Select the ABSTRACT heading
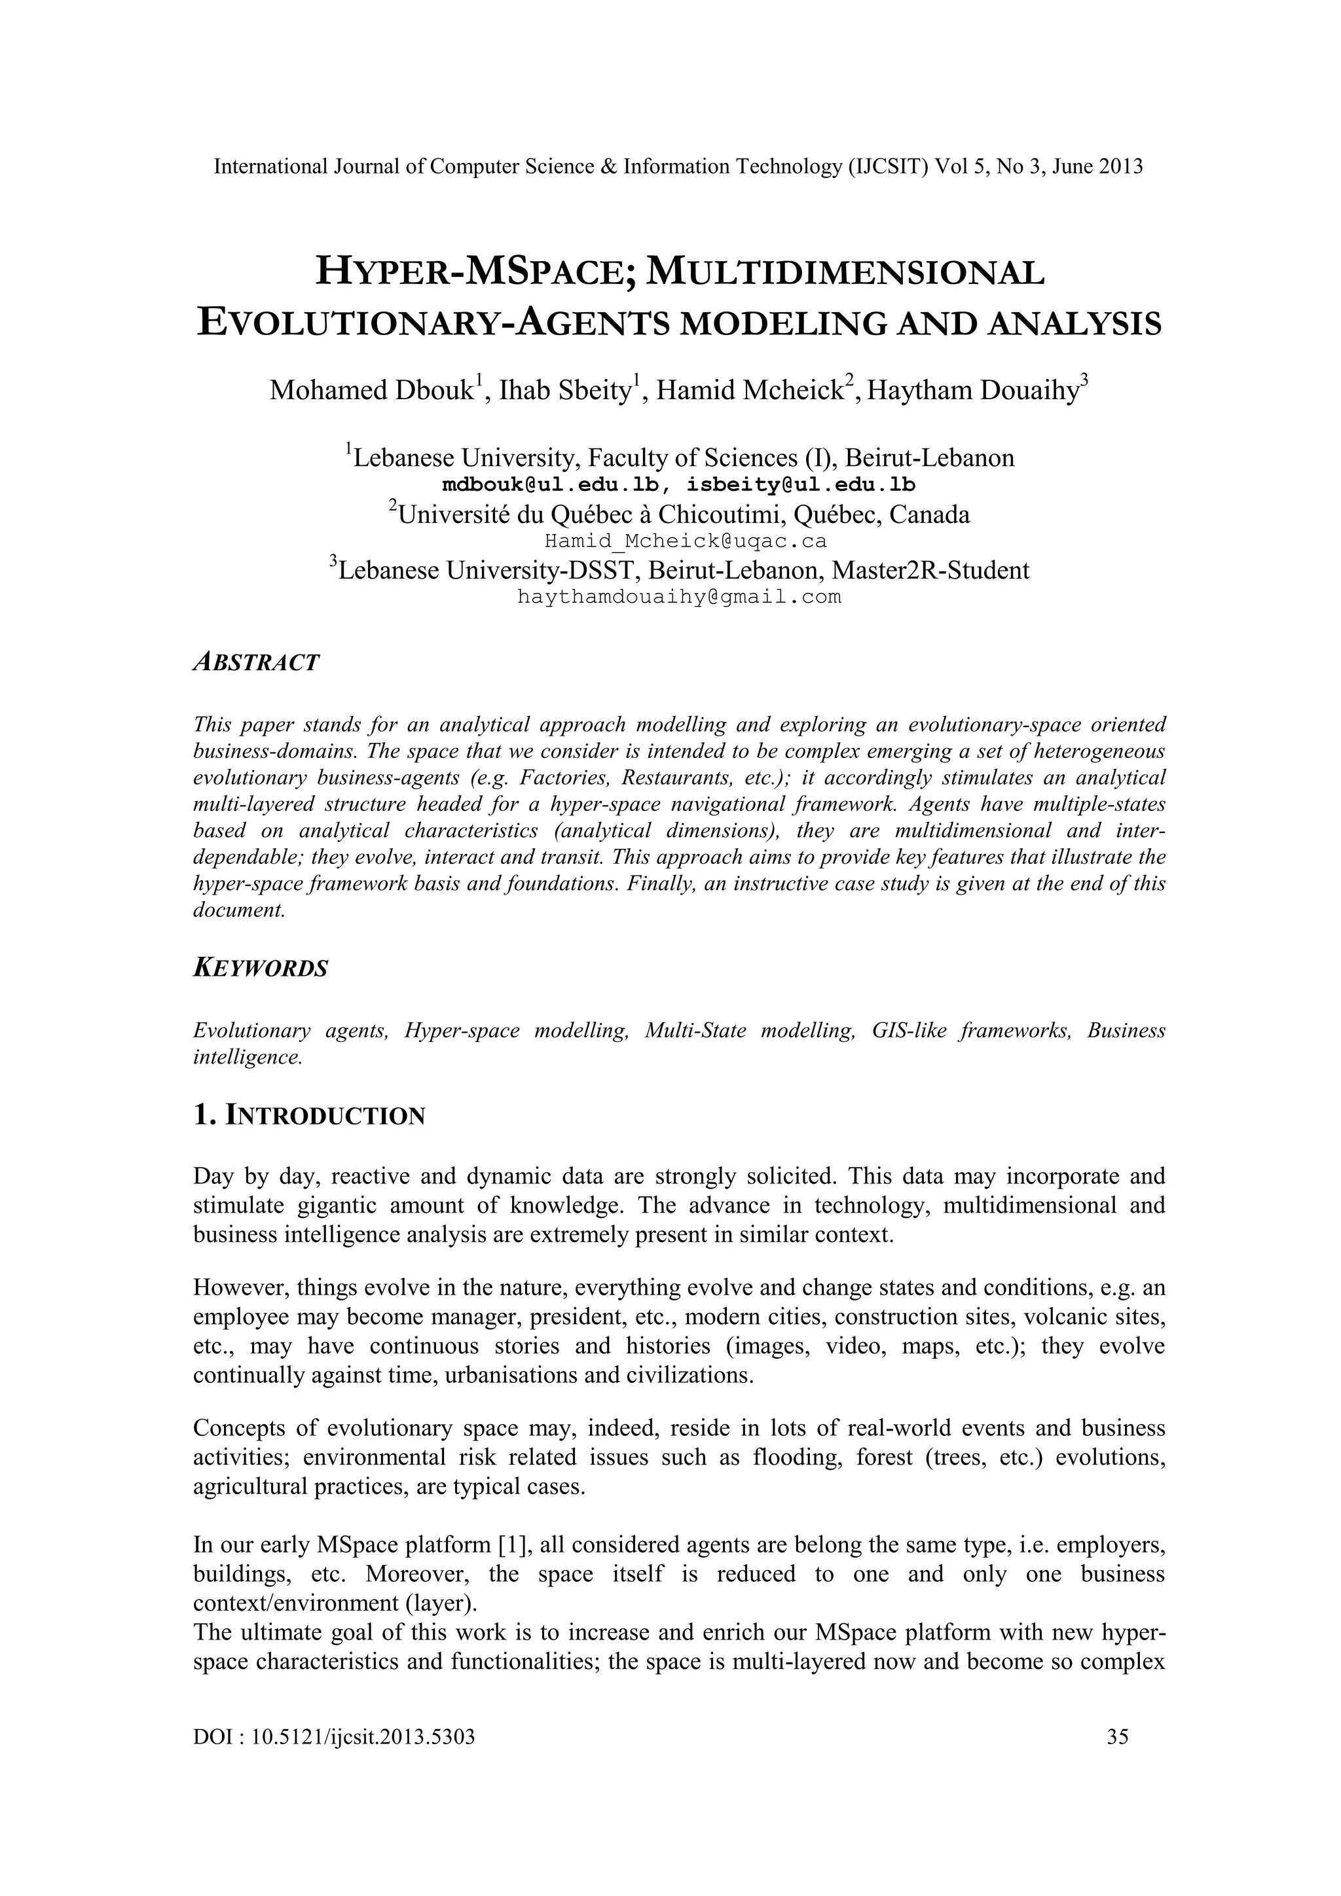[x=255, y=662]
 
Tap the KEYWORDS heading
[x=260, y=968]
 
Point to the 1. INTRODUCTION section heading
[x=309, y=1116]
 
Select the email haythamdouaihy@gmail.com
[x=679, y=597]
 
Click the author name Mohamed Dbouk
[x=371, y=391]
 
